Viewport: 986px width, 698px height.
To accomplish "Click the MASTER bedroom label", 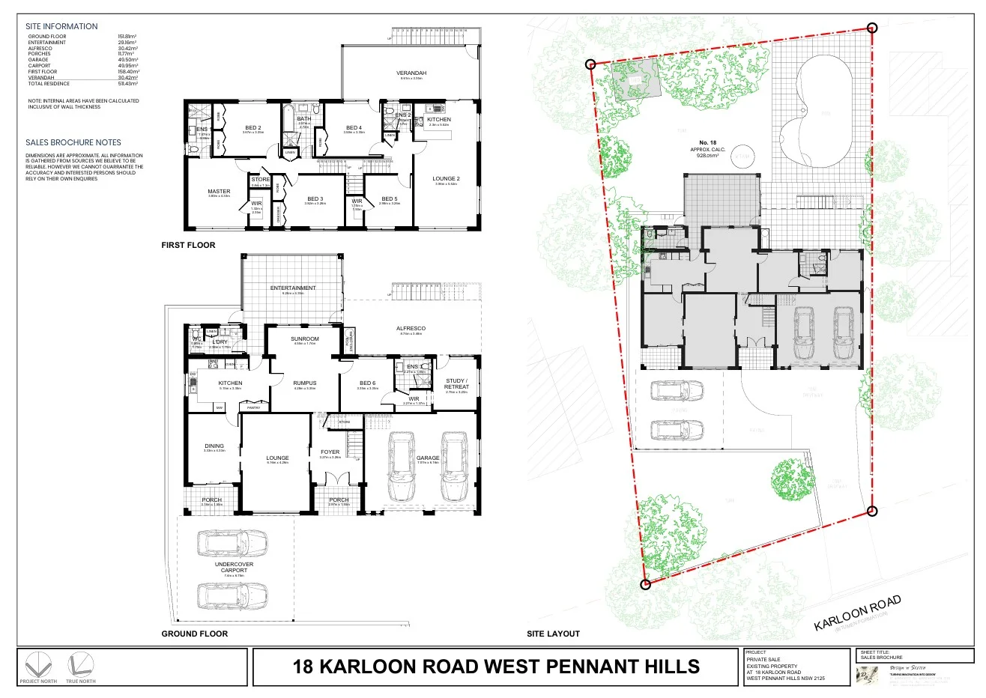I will pos(219,192).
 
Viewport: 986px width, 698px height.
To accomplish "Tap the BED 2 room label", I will pos(253,128).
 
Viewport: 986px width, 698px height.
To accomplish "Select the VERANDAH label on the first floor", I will pos(411,73).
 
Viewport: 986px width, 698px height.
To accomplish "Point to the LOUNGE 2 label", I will pos(447,179).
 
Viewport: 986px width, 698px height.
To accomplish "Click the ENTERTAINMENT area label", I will pos(293,288).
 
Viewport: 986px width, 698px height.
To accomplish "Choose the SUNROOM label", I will pos(305,339).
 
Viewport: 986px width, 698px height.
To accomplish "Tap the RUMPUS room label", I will pos(305,383).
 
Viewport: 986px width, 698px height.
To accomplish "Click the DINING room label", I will pos(214,446).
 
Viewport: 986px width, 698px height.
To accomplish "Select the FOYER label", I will pos(330,452).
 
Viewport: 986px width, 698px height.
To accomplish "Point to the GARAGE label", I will pos(428,458).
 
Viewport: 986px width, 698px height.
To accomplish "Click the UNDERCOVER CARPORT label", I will pos(234,567).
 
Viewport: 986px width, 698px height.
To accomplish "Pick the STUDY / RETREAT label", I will pos(456,383).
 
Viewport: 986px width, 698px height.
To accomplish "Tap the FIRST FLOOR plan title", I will pos(188,245).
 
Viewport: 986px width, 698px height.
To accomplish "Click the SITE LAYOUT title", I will pos(553,634).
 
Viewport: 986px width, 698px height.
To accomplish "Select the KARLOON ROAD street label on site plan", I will pos(857,613).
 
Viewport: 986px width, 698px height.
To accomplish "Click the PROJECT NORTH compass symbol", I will pos(38,665).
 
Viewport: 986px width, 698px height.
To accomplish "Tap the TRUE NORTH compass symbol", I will pos(80,665).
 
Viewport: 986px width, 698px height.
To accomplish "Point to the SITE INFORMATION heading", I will pos(61,26).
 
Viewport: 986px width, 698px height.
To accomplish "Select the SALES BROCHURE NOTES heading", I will pos(73,142).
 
